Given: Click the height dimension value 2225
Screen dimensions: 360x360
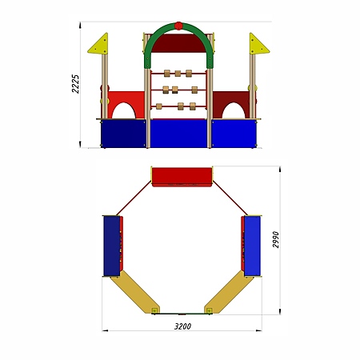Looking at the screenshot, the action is click(x=75, y=84).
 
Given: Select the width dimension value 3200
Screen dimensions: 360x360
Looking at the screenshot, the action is click(x=182, y=326).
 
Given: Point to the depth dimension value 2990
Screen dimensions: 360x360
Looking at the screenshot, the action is click(x=276, y=240).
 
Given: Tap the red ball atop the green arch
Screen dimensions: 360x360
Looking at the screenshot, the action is click(x=178, y=26).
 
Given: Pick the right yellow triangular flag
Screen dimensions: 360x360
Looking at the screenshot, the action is click(x=257, y=46).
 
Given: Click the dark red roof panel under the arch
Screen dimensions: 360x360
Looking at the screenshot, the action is click(x=178, y=43).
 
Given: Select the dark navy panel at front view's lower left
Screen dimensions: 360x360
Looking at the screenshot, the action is click(x=123, y=134).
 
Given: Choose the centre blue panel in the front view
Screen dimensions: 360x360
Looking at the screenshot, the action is click(x=178, y=134).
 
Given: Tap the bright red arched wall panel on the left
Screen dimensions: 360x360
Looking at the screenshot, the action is click(x=126, y=100).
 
